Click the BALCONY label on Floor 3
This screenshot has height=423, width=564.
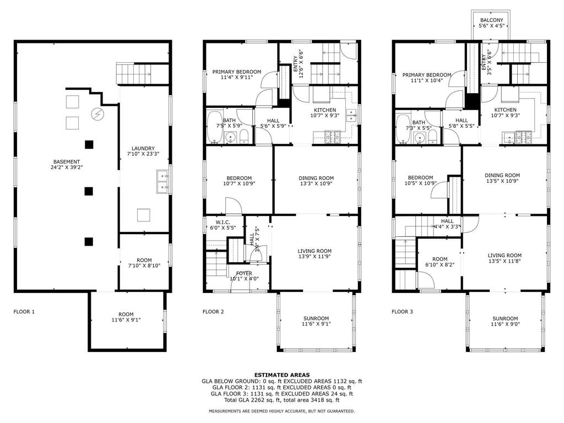point(491,20)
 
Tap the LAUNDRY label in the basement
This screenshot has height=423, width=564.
point(143,148)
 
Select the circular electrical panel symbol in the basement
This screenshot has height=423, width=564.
point(97,114)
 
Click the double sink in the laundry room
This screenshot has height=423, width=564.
point(163,182)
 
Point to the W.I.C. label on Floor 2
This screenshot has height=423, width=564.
point(223,223)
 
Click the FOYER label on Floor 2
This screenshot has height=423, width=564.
point(244,273)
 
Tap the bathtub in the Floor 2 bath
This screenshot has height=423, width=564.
point(215,127)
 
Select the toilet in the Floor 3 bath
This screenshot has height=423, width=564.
point(433,137)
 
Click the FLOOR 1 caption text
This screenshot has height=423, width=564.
point(24,312)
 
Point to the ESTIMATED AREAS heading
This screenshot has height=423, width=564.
point(281,375)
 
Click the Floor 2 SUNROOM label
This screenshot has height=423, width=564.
point(316,318)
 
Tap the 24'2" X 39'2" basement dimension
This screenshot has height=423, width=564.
point(67,167)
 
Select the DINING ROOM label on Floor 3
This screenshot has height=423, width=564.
point(502,175)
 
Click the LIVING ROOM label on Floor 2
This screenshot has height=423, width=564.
point(314,251)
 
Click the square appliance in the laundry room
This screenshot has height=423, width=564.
point(144,215)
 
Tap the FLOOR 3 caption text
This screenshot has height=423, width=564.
point(402,312)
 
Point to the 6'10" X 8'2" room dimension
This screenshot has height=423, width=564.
point(440,264)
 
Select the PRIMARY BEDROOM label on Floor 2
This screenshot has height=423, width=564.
point(237,72)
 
